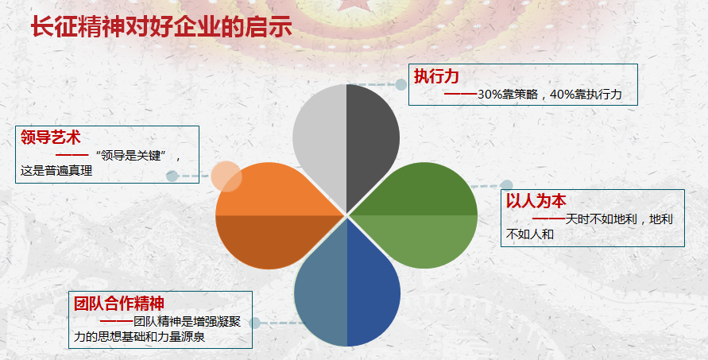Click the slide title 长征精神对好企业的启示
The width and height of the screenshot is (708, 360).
pos(161,27)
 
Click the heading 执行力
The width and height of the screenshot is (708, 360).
pos(436,76)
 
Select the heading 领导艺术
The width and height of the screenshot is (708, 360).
pos(51,137)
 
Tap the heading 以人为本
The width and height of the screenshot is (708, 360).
pos(536,200)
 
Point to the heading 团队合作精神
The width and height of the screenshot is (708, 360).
pos(119,303)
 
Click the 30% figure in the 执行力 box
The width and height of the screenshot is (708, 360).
pos(488,95)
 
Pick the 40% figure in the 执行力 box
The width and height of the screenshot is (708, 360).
pos(560,95)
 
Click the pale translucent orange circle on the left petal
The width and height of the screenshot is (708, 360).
pos(226,176)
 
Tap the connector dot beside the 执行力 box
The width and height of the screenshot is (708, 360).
pos(401,84)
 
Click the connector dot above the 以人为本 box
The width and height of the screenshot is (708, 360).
pos(507,185)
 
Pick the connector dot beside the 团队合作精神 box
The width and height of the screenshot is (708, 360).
pos(255,323)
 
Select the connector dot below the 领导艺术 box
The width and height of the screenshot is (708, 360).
pos(172,176)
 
